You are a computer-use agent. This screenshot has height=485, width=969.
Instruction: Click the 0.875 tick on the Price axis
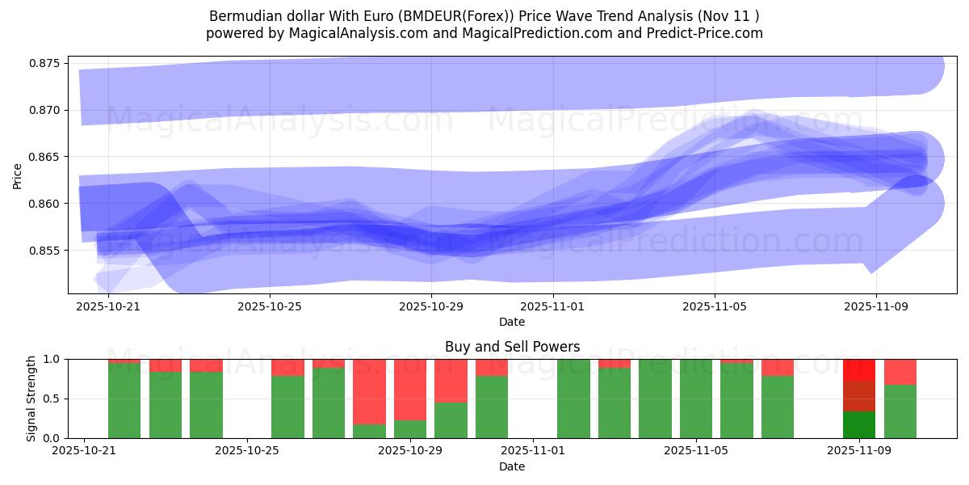tap(44, 63)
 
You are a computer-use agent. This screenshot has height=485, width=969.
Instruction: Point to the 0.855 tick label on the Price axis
tap(44, 251)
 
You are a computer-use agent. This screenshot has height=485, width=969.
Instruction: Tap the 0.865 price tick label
tap(44, 157)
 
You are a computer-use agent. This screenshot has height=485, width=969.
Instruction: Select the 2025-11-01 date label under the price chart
tap(553, 307)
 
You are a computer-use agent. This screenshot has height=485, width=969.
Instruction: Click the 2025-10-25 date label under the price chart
tap(270, 307)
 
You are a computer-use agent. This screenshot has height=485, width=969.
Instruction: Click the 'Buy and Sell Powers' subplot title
tap(512, 347)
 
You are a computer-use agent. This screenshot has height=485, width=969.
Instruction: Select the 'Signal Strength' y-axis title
tap(31, 399)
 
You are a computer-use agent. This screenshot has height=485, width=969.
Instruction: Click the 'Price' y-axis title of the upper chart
tap(18, 175)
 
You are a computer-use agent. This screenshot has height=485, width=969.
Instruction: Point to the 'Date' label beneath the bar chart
tap(512, 466)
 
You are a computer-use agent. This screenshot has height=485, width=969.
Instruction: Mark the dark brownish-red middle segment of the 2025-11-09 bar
tap(859, 396)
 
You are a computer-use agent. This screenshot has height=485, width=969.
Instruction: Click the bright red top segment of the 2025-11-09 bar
tap(859, 369)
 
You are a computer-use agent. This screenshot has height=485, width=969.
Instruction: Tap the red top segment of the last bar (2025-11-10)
tap(900, 372)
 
